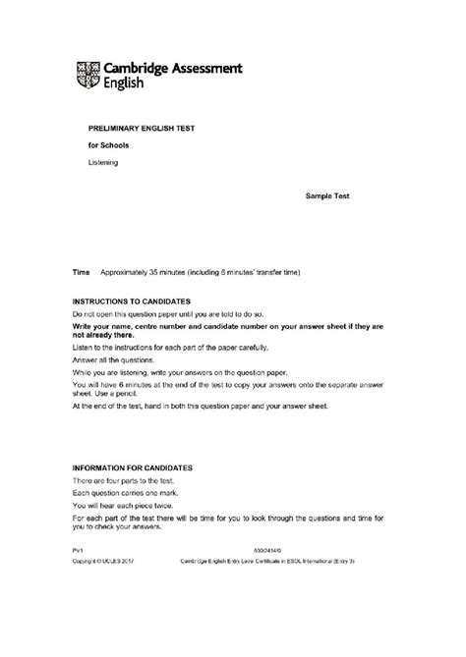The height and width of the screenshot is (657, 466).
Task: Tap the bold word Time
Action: click(x=82, y=270)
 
